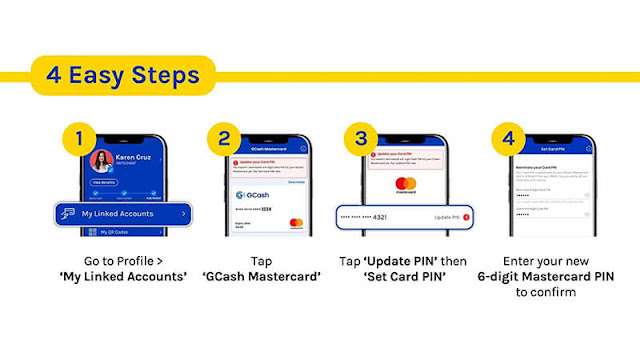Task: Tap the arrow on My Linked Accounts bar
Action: [x=183, y=214]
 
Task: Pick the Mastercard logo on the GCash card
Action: [x=296, y=222]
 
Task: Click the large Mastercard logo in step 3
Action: [x=405, y=187]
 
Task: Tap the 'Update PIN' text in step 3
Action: [x=446, y=217]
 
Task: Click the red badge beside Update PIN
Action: [x=466, y=217]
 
